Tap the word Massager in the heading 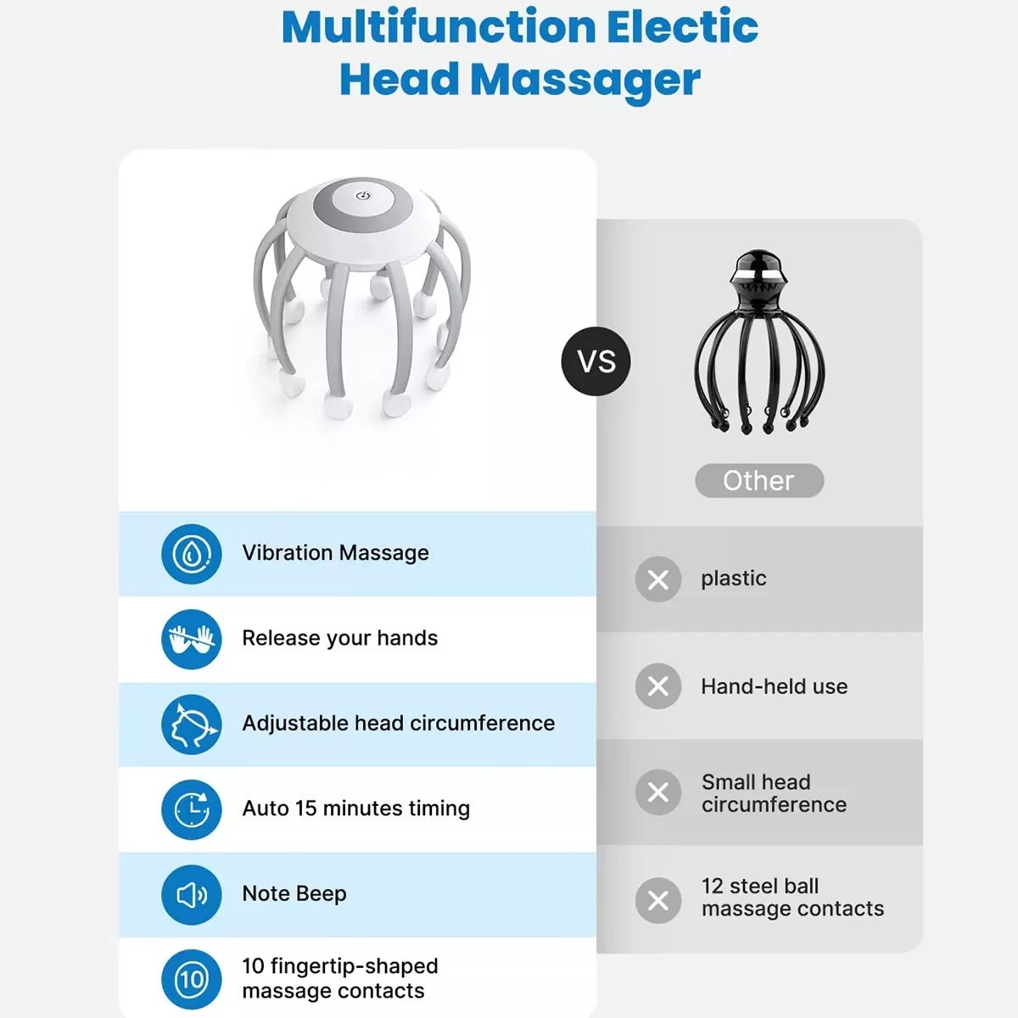(x=585, y=80)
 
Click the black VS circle (x=596, y=361)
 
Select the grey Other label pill (x=759, y=480)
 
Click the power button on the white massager (x=363, y=196)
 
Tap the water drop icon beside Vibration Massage (x=192, y=554)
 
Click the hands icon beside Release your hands (x=192, y=639)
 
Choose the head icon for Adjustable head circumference (x=192, y=724)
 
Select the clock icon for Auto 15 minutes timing (x=192, y=809)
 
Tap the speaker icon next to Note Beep (x=192, y=894)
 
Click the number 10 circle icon (x=192, y=980)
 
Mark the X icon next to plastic (x=658, y=579)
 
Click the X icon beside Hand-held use (x=658, y=686)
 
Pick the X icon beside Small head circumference (x=658, y=792)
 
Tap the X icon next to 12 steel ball (x=658, y=900)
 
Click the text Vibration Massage (x=335, y=553)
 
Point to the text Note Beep (x=294, y=893)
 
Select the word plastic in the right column (x=733, y=579)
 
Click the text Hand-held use (x=774, y=686)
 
